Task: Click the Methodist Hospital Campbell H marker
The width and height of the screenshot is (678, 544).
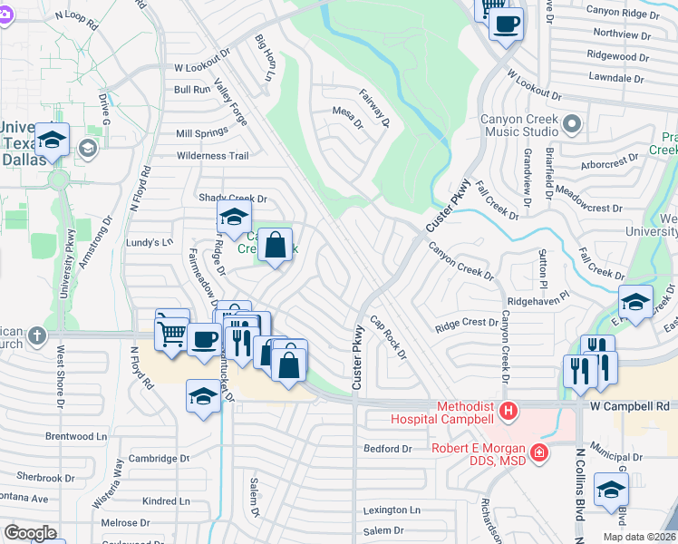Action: click(x=508, y=412)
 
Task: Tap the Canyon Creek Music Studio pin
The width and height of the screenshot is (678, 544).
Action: click(x=572, y=122)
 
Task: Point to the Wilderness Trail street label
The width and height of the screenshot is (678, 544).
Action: click(x=212, y=156)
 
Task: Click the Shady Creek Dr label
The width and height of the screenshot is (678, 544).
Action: click(x=233, y=199)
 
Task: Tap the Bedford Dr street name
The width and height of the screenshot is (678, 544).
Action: click(x=387, y=449)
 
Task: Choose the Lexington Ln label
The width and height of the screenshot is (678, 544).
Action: click(x=392, y=510)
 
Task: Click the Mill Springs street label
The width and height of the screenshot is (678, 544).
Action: click(x=202, y=133)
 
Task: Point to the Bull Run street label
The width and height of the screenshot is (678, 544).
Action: click(x=192, y=90)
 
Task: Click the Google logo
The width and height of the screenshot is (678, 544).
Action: click(x=30, y=533)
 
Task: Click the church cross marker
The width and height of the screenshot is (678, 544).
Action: click(x=37, y=335)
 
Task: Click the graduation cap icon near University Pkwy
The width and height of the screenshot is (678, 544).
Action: click(x=53, y=141)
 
